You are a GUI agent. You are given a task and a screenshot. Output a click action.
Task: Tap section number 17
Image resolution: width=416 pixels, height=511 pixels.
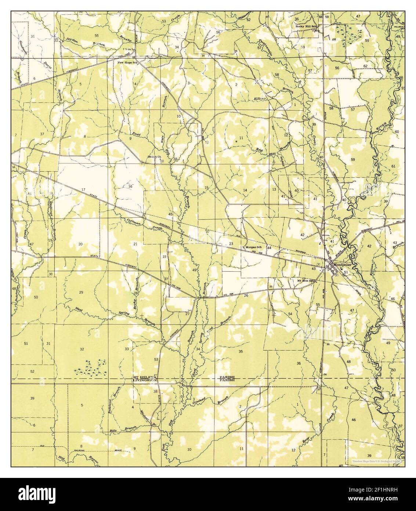[x=83, y=190]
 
